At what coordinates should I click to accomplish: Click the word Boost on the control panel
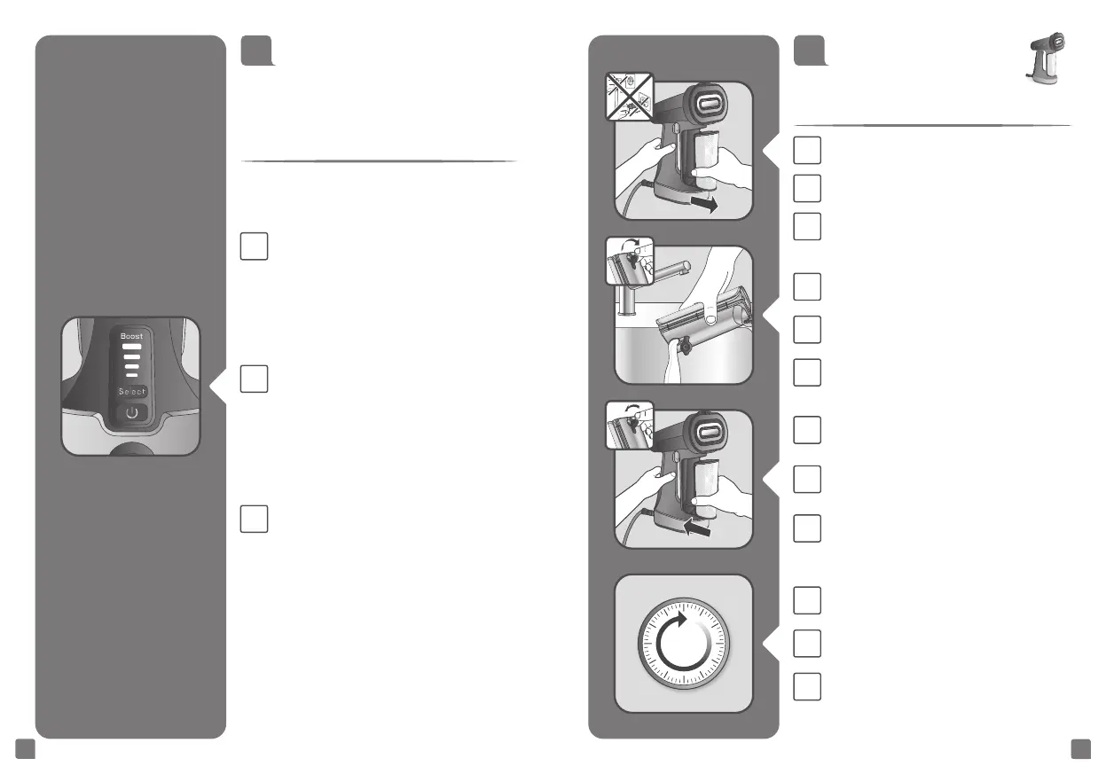(x=131, y=336)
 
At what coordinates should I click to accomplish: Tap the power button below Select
(x=131, y=413)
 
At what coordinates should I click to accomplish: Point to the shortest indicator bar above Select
(x=131, y=376)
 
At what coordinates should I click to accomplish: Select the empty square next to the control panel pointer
(x=254, y=380)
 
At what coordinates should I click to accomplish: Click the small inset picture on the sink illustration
(x=628, y=260)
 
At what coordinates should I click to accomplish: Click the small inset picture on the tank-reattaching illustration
(x=628, y=424)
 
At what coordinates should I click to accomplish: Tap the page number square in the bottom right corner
(x=1079, y=749)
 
